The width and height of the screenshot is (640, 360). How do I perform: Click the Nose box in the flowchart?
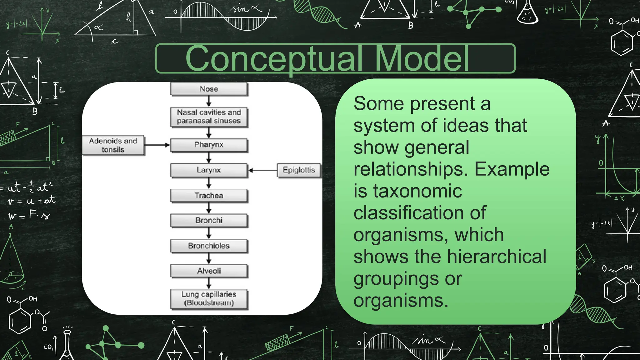point(209,89)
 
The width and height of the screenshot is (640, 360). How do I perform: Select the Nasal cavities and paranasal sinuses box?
point(209,117)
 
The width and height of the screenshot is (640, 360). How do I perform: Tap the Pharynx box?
point(209,145)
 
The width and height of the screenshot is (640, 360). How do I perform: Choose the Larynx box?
point(209,170)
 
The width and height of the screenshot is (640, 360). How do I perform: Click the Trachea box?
point(209,196)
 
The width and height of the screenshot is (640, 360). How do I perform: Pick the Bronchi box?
point(209,220)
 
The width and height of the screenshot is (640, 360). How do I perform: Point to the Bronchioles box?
point(209,246)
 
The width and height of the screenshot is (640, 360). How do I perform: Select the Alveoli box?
point(209,271)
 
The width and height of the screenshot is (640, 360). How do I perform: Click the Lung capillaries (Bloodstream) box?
point(209,299)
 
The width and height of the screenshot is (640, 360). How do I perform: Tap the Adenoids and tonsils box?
point(113,145)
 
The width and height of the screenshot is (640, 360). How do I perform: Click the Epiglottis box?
point(299,170)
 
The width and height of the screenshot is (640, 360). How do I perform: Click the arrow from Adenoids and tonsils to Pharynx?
point(157,145)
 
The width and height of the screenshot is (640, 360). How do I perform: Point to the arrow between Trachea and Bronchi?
point(209,207)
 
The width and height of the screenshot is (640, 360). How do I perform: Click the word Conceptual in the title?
point(274,58)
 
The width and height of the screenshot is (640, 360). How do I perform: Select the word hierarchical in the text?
point(497,257)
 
